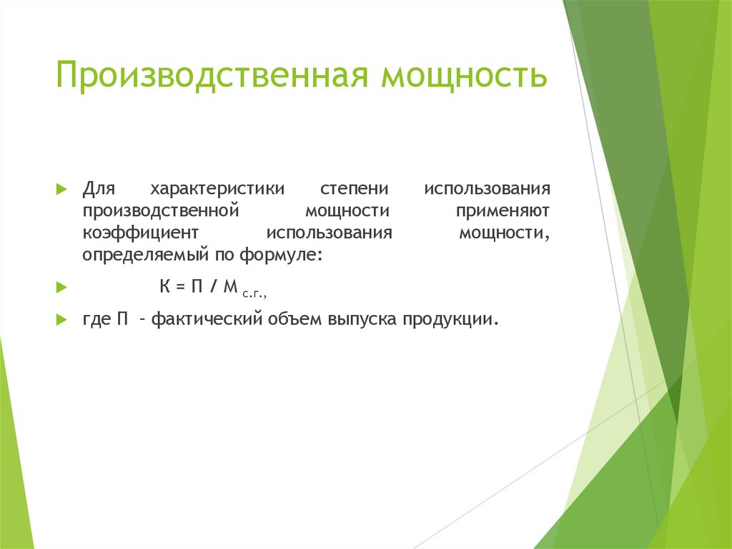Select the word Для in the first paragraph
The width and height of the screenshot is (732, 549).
coord(98,190)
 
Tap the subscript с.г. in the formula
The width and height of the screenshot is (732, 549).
coord(254,292)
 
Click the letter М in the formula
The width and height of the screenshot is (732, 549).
coord(229,286)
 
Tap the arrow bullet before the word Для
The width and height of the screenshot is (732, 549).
coord(61,190)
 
